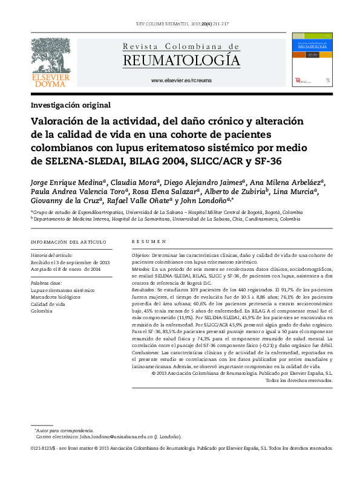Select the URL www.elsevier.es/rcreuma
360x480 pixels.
pos(181,81)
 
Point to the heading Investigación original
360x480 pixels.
pos(70,105)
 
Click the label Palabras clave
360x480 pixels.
pos(45,283)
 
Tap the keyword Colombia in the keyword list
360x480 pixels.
pos(42,311)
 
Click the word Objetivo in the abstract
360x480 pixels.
pos(140,256)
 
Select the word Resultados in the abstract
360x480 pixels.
pos(144,290)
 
